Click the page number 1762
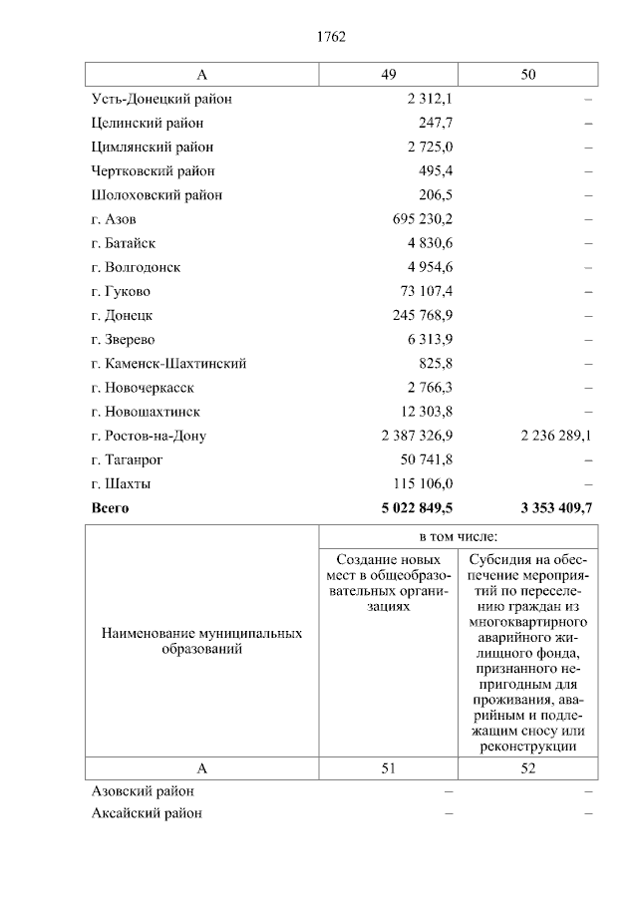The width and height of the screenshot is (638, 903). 331,37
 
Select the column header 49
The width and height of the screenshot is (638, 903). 388,75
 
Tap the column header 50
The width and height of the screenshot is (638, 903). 528,75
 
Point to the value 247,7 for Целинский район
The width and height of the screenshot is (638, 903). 436,123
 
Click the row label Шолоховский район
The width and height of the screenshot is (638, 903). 157,195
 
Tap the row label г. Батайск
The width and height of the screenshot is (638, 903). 124,243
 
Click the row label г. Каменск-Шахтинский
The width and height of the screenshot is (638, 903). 168,364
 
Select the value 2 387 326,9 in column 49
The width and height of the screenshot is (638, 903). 417,436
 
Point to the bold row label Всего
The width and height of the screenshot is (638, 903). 110,507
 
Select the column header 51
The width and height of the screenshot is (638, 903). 388,768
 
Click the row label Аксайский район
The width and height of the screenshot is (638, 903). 147,813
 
